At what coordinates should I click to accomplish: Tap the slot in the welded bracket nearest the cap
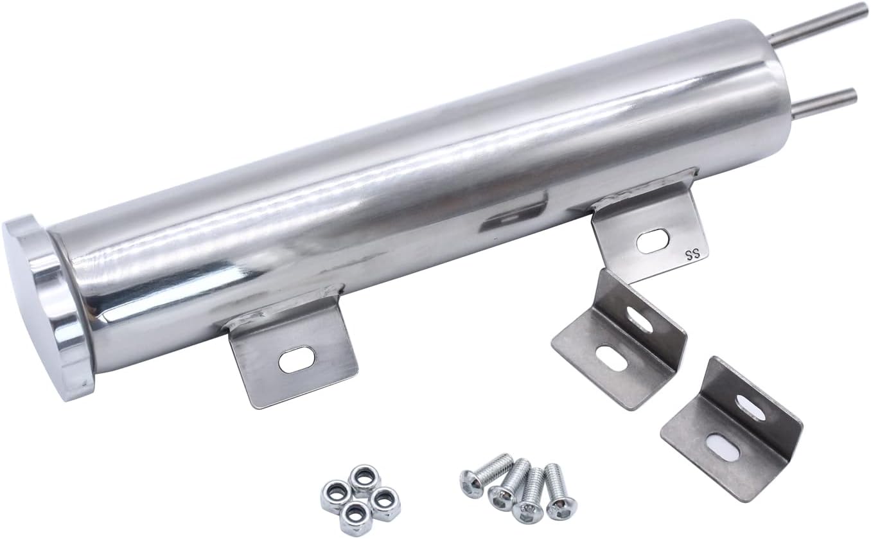pos(297,359)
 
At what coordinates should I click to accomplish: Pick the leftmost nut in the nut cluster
pos(335,494)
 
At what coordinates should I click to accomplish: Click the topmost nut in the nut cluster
pos(364,479)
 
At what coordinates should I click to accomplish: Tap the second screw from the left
pos(508,485)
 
